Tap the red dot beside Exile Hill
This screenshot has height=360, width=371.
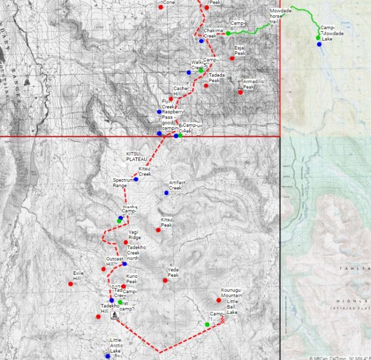click(70, 284)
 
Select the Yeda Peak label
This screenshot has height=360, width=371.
click(173, 272)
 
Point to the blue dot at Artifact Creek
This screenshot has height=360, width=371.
click(166, 193)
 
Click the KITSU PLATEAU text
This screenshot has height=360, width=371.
click(136, 156)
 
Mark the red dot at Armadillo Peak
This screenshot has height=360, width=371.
click(240, 92)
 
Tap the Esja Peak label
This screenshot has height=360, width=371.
click(240, 50)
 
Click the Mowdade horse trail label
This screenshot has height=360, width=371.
click(280, 16)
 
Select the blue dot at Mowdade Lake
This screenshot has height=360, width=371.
click(319, 45)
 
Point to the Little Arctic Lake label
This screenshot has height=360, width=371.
click(116, 345)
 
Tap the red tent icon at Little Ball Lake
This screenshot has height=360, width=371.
click(223, 320)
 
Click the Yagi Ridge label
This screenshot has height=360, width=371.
click(135, 235)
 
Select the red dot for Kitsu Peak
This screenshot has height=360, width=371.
click(158, 230)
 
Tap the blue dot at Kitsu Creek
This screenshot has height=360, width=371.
click(136, 179)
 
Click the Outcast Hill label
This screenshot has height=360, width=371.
click(114, 261)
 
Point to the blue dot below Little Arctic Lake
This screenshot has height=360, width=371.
click(108, 356)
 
